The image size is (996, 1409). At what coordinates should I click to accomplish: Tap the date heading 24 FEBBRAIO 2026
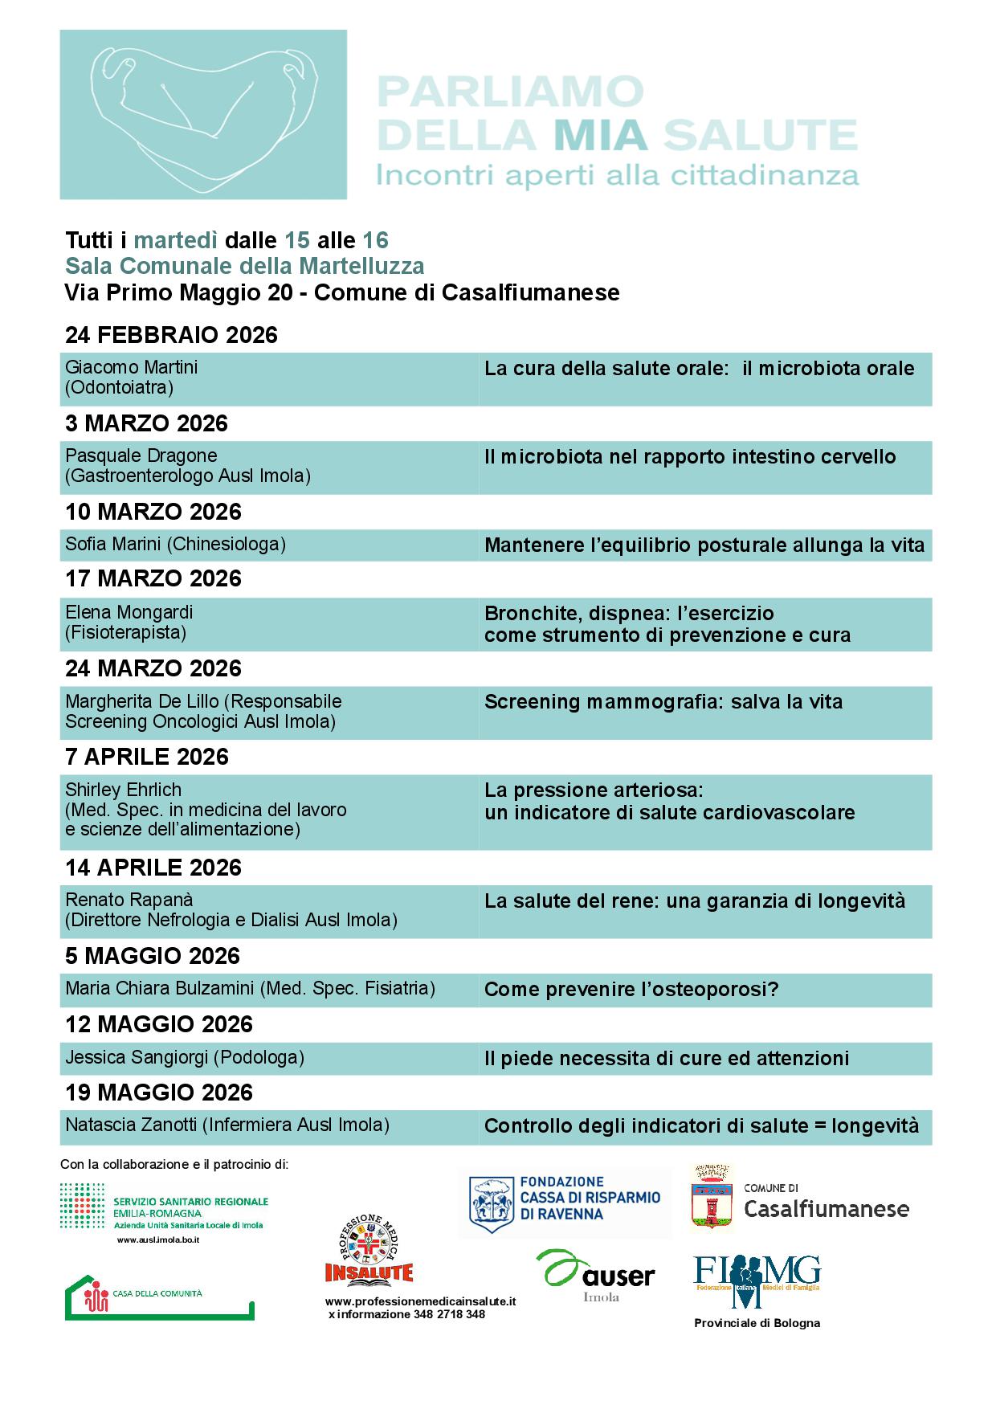[171, 335]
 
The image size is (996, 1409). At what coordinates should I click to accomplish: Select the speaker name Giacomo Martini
[131, 367]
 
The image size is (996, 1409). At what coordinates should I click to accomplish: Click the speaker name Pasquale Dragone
[141, 455]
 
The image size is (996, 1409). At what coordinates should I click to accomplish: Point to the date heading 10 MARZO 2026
[153, 512]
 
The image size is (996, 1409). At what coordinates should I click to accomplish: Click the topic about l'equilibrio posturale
[704, 546]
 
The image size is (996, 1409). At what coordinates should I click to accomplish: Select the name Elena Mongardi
[129, 612]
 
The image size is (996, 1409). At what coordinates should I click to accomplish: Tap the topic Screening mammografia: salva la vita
[663, 702]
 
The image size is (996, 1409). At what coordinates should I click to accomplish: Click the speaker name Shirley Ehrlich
[123, 790]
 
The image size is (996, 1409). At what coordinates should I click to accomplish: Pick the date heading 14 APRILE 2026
[153, 868]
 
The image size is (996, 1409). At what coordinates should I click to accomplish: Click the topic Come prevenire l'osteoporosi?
[631, 989]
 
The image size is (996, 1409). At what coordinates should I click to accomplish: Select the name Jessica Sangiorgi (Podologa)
[185, 1057]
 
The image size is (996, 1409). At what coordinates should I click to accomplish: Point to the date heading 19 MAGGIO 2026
[159, 1092]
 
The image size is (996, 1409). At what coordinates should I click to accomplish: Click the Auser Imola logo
[595, 1275]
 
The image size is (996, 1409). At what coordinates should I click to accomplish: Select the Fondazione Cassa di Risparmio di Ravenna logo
[565, 1203]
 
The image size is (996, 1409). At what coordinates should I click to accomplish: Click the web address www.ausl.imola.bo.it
[157, 1240]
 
